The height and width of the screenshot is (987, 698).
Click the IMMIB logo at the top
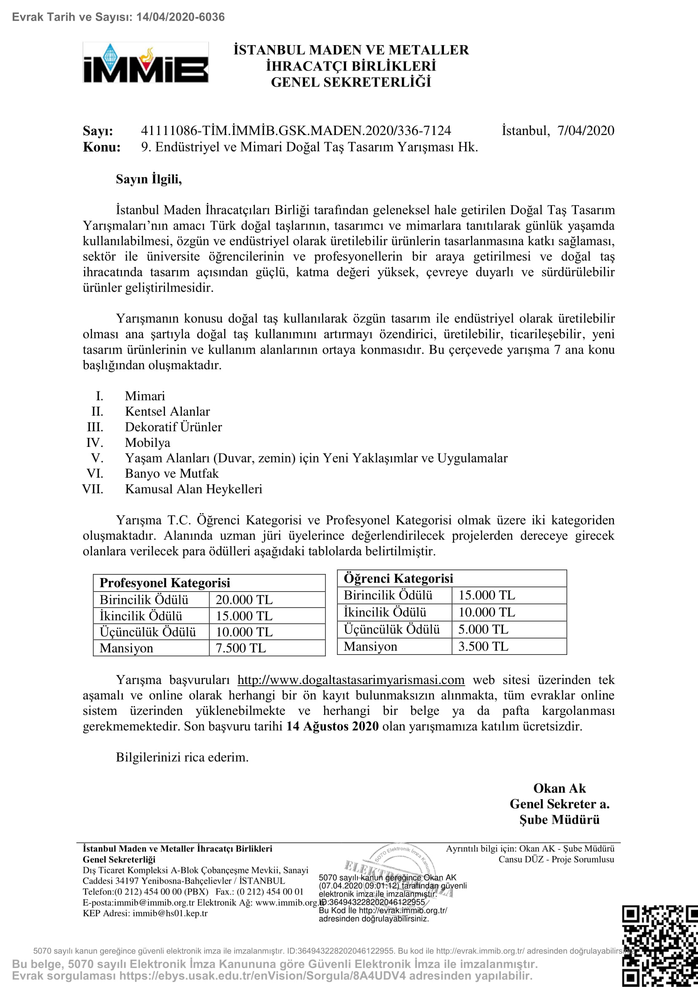(145, 63)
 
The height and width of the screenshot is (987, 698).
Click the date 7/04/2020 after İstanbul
(585, 130)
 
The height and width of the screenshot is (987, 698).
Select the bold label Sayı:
(98, 131)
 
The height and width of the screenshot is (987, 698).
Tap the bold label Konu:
(101, 147)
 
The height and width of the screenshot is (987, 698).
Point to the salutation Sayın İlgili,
(149, 179)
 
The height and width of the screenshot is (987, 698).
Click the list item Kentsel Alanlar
(167, 411)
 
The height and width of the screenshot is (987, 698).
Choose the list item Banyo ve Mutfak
(171, 473)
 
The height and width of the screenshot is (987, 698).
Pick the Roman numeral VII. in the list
(93, 489)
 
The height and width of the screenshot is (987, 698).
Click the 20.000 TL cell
(243, 599)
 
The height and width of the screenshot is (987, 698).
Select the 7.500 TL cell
(241, 648)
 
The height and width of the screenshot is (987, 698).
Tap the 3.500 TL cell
(483, 646)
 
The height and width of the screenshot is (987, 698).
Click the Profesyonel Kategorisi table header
(165, 583)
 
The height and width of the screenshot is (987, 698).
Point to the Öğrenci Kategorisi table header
(398, 579)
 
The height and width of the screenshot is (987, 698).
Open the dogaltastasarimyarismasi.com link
(351, 680)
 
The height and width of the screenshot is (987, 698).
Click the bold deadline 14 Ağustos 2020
(332, 726)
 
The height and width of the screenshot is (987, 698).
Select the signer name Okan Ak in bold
(559, 788)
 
